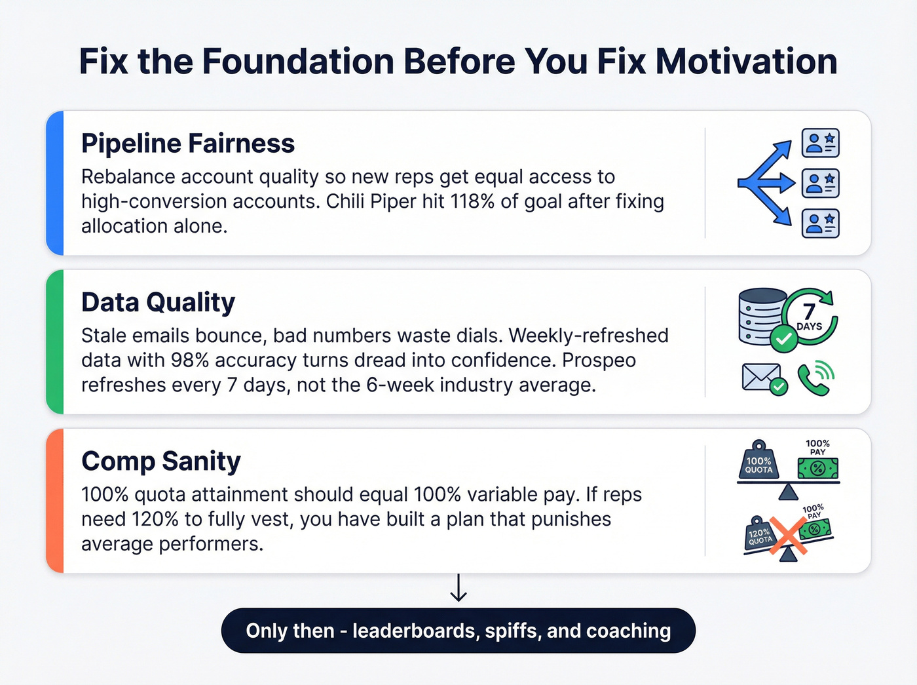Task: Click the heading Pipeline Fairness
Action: pos(188,144)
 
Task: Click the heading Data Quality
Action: pos(158,302)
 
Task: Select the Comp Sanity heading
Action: pos(161,461)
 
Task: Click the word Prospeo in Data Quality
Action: pos(599,361)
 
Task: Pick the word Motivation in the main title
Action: pos(747,62)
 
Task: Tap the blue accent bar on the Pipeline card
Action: pos(55,183)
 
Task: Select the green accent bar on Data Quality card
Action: pos(55,342)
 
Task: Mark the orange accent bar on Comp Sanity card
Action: pos(55,501)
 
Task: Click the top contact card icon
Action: pos(821,143)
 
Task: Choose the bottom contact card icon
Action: pos(821,224)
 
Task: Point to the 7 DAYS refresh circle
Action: pos(810,316)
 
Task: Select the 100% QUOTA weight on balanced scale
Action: pos(759,460)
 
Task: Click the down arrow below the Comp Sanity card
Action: pos(458,588)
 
